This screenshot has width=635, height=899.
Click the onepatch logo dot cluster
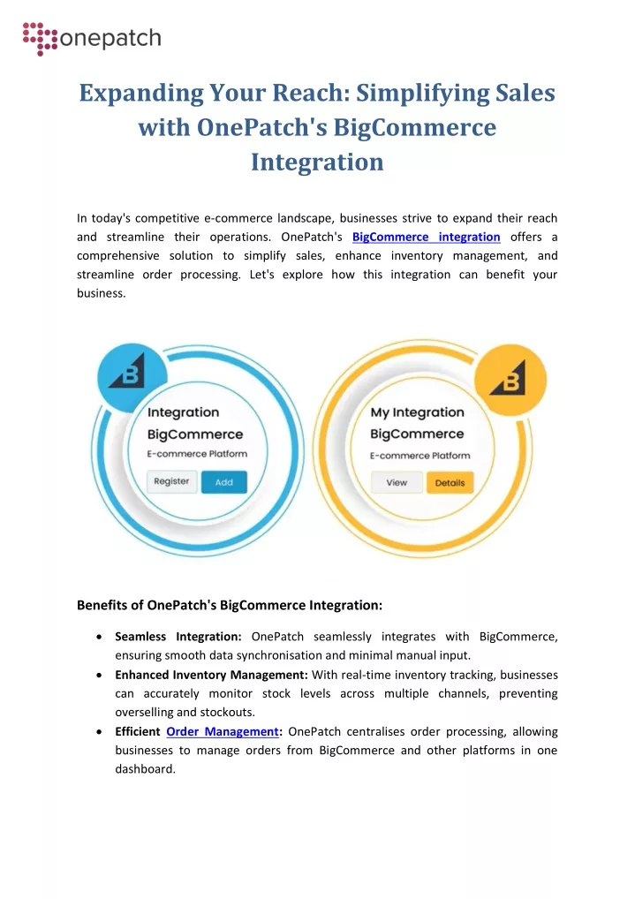40,38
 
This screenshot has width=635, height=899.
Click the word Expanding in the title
141,93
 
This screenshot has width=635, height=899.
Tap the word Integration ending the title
317,162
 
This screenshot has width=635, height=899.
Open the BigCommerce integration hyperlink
427,237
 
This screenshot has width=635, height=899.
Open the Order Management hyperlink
223,731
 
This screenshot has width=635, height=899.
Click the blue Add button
223,482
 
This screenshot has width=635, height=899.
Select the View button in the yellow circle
397,483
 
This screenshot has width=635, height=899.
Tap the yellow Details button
450,483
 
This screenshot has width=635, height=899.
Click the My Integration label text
417,412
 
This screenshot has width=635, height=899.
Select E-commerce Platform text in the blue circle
197,454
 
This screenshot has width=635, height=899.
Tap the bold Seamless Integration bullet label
178,637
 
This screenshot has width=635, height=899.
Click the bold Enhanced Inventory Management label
212,675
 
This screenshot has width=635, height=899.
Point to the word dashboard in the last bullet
145,769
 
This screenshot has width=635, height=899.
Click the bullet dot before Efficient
99,732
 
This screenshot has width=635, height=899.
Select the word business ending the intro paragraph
101,293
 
